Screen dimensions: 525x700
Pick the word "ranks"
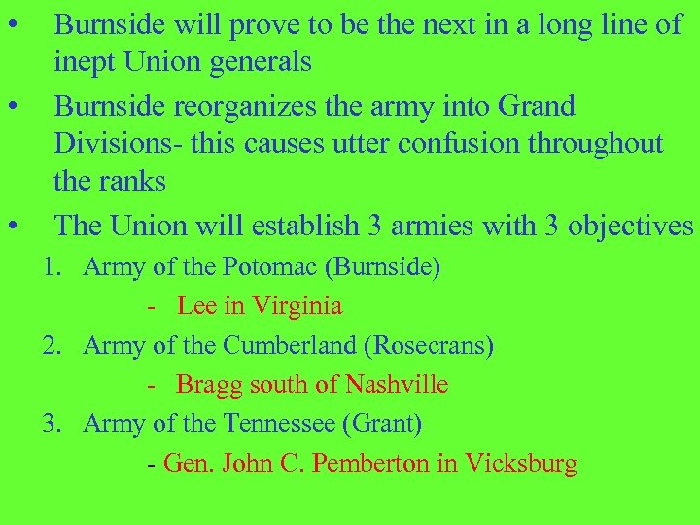pos(131,182)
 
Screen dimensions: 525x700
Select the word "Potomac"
pos(264,266)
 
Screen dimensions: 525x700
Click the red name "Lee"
pos(197,305)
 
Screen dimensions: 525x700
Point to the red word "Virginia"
pos(297,305)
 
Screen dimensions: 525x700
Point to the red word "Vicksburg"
pos(521,464)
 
